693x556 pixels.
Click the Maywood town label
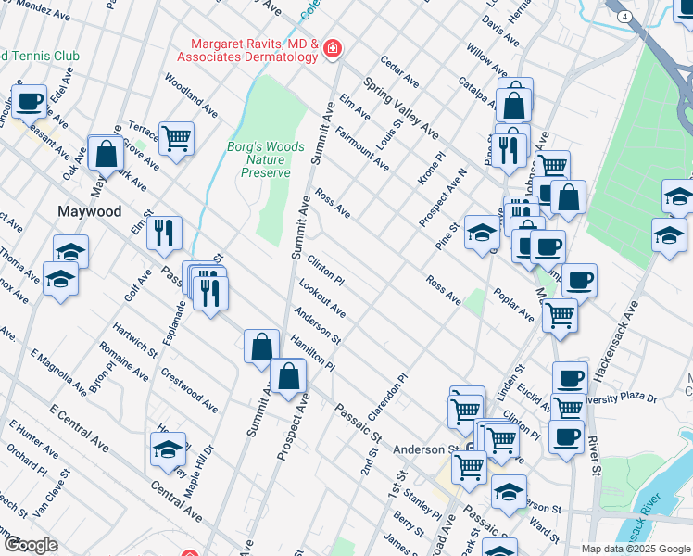[x=90, y=211]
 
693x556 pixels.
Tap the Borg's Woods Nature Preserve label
[x=266, y=159]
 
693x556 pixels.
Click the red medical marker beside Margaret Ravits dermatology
[x=332, y=50]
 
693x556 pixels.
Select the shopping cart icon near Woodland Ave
[x=176, y=138]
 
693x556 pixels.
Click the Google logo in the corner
[x=30, y=545]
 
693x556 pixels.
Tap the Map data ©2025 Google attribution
[x=636, y=549]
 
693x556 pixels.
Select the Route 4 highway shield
[x=626, y=17]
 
